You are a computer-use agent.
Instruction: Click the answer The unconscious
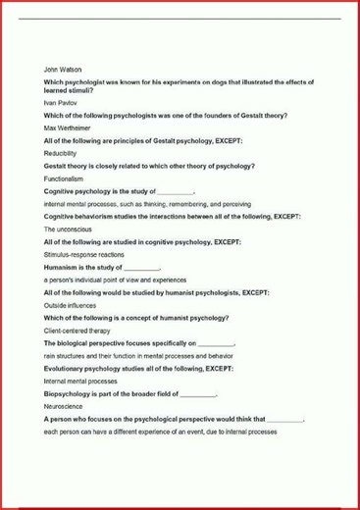click(68, 229)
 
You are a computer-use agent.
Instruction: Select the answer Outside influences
click(72, 305)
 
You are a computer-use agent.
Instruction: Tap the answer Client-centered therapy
click(77, 331)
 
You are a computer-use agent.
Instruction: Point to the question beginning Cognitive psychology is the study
click(119, 191)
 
